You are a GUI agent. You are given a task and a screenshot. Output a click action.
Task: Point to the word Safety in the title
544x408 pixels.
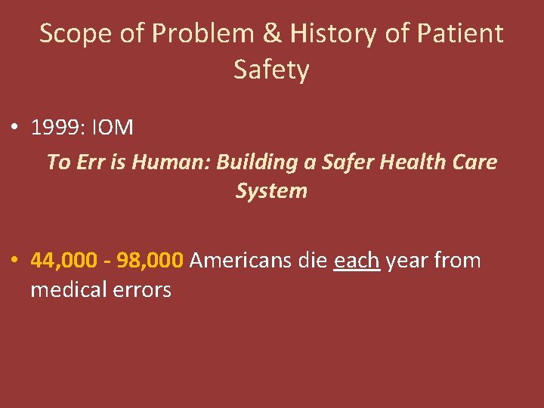271,70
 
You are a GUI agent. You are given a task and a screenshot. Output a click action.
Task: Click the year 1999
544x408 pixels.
57,128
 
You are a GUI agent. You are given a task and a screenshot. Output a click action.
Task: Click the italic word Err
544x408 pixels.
89,162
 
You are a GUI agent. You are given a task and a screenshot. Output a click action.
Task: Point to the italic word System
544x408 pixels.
271,190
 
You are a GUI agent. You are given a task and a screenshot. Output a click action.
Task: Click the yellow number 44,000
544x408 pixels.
63,261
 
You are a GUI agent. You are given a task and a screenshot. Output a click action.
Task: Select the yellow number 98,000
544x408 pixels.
150,261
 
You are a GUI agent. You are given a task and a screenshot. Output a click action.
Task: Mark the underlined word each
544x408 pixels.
357,261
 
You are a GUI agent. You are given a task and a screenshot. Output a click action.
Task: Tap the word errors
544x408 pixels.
143,289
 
